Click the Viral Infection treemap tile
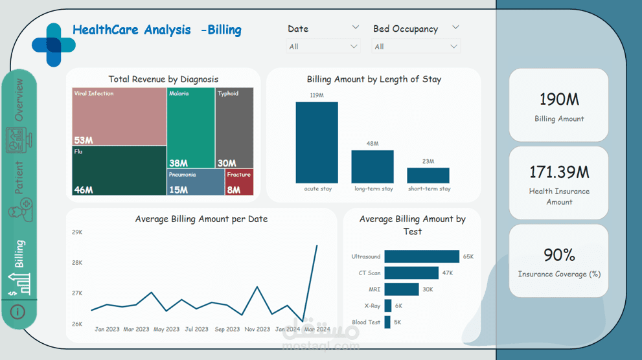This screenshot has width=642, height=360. click(x=119, y=117)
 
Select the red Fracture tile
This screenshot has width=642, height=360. click(x=239, y=182)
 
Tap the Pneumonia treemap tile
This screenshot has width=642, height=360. click(x=196, y=182)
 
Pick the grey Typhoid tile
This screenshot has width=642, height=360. click(x=234, y=128)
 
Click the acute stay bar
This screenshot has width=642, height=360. click(x=317, y=142)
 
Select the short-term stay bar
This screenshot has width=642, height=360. click(x=428, y=175)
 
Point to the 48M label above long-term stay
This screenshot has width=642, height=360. click(x=373, y=144)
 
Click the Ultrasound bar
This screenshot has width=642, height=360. click(x=422, y=256)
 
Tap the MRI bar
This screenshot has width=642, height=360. click(x=401, y=289)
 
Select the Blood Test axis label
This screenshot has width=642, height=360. click(x=366, y=322)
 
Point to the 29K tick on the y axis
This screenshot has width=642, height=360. click(x=77, y=232)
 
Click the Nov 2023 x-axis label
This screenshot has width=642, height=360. click(x=257, y=329)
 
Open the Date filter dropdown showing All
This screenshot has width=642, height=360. click(x=323, y=47)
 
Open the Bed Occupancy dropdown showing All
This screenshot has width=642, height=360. click(x=416, y=47)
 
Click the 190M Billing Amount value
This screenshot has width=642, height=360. click(x=559, y=99)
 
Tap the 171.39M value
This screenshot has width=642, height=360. click(x=559, y=172)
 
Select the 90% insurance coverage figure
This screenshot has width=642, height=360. click(x=559, y=254)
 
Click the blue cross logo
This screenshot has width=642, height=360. click(x=54, y=45)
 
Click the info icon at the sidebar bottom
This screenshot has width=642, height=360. click(x=18, y=312)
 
